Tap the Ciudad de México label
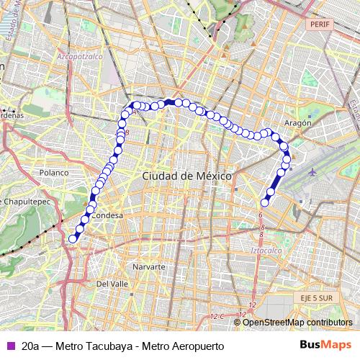point(186,176)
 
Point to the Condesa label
point(108,215)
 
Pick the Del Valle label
point(112,284)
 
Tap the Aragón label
point(297,123)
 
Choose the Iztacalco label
point(266,250)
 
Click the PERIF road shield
point(320,24)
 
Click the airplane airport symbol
point(312,173)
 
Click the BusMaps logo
point(325,345)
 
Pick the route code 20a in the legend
point(31,346)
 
